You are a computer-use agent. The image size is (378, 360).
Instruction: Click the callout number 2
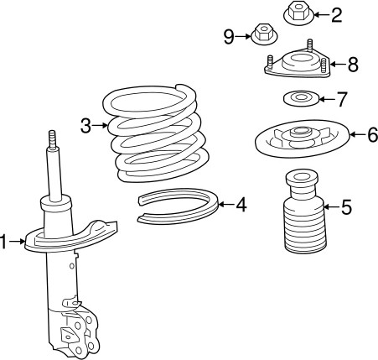pos(336,15)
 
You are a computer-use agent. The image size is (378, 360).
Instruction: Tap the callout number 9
pos(229,37)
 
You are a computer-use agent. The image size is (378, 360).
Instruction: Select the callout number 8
pos(353,65)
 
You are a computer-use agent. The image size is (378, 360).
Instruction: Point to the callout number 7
pos(341,99)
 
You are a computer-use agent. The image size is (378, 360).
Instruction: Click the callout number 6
pos(373,135)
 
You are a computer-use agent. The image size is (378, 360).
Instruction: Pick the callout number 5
pos(346,207)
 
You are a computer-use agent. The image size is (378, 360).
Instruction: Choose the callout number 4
pos(241,205)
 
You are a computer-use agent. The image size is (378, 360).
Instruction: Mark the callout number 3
pos(85,126)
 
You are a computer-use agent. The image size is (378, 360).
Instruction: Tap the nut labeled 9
pos(264,34)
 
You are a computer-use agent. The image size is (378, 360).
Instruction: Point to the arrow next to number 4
pos(225,205)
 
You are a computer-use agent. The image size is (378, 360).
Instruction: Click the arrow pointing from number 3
pos(100,126)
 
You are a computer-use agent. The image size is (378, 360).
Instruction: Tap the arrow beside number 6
pos(358,134)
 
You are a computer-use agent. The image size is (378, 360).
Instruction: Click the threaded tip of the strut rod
pos(52,138)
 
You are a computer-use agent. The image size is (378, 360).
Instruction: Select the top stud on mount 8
pos(309,45)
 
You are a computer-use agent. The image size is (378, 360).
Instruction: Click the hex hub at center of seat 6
pos(300,132)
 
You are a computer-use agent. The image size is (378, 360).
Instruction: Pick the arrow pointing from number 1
pos(16,241)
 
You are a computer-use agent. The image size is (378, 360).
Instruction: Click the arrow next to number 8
pos(338,65)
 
